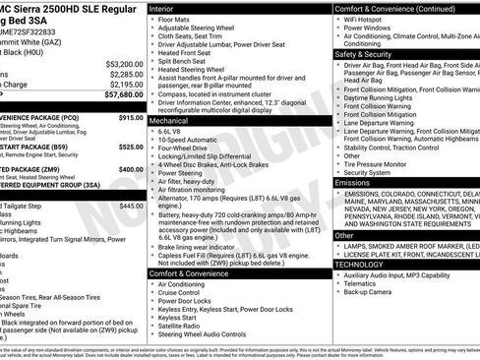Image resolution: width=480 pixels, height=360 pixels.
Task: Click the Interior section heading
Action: pyautogui.click(x=167, y=7)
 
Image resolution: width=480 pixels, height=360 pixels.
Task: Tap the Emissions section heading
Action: pyautogui.click(x=353, y=182)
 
